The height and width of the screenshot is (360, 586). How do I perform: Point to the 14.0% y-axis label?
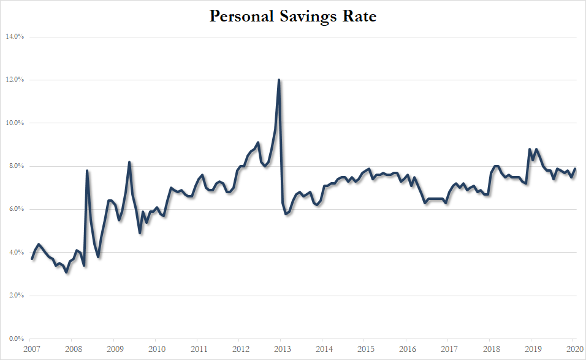click(14, 37)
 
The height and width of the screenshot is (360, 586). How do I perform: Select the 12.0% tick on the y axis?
click(14, 80)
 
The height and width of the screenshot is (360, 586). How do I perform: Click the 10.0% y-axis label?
click(14, 123)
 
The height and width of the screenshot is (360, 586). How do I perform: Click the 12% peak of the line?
click(279, 80)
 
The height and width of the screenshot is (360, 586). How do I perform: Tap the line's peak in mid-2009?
click(129, 162)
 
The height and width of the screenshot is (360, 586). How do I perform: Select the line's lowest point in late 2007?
click(66, 272)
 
